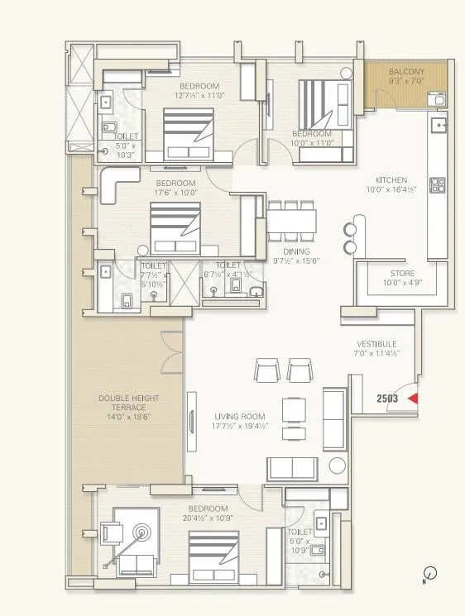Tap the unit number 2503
pyautogui.click(x=388, y=399)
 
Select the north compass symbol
pyautogui.click(x=430, y=572)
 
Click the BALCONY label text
pyautogui.click(x=406, y=72)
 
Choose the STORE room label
pyautogui.click(x=403, y=273)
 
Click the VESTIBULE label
pyautogui.click(x=376, y=344)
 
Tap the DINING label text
pyautogui.click(x=295, y=252)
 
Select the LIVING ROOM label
pyautogui.click(x=239, y=416)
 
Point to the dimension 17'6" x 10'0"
pyautogui.click(x=175, y=193)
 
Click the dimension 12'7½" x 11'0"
pyautogui.click(x=199, y=95)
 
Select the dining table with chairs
pyautogui.click(x=291, y=221)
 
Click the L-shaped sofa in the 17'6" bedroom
pyautogui.click(x=117, y=186)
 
